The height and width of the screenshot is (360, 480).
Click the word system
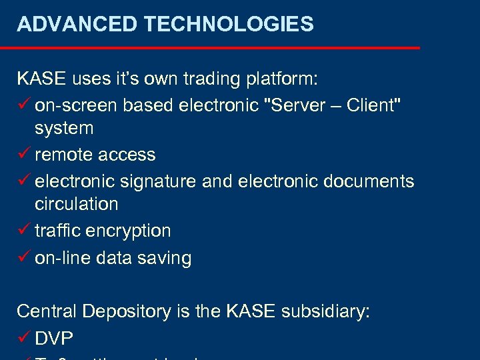64,128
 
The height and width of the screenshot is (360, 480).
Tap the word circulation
76,204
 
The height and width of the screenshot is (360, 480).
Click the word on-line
61,258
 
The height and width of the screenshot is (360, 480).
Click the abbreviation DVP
54,339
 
